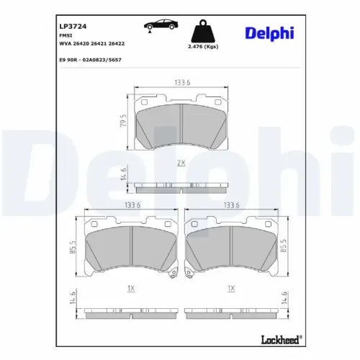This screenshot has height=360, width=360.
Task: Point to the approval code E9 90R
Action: click(68, 60)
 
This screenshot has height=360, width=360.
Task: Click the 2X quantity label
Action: click(181, 163)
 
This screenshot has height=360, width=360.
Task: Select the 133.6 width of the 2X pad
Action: click(181, 82)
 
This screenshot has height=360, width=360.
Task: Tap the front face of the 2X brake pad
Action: click(181, 124)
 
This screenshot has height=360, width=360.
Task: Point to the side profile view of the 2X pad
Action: click(181, 188)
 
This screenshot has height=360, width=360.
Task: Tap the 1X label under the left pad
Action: click(130, 288)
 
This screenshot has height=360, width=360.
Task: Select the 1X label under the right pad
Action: click(231, 288)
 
